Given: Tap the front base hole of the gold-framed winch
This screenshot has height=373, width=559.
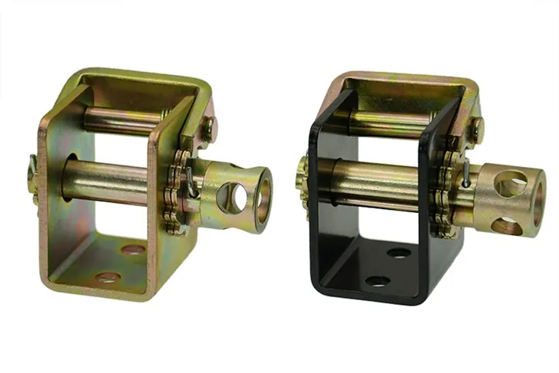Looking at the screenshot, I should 108,276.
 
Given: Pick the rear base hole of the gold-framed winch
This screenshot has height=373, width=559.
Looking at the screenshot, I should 132,250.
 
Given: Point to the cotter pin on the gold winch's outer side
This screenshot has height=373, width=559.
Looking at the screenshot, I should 32,165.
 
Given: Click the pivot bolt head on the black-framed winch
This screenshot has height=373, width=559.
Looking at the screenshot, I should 476,130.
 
